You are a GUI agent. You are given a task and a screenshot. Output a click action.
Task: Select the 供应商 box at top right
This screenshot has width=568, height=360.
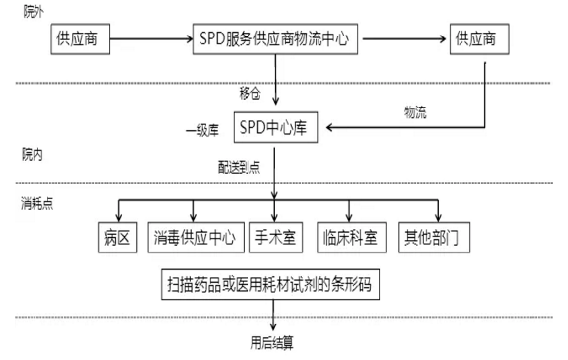481,41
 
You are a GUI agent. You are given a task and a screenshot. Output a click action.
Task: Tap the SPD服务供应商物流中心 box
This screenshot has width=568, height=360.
275,41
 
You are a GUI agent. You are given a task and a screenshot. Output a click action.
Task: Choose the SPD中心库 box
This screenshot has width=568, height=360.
275,127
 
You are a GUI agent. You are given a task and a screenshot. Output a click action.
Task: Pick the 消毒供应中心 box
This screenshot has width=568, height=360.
193,237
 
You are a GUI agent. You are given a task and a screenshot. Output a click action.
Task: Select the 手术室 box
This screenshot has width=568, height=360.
275,237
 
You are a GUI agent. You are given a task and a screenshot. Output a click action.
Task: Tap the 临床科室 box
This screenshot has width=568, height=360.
351,237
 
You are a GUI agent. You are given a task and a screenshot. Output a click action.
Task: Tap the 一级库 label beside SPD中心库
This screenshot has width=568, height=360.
202,129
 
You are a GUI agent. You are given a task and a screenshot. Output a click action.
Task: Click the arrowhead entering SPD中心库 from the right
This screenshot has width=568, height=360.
333,127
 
